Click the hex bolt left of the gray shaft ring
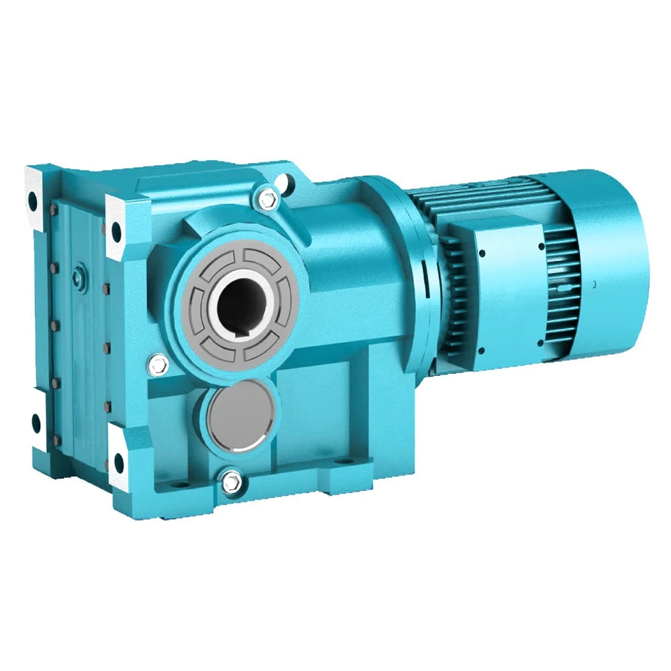[158, 364]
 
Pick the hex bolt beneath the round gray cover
[231, 479]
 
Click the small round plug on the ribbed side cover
[81, 274]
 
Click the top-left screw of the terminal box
[480, 253]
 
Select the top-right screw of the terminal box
[541, 246]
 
